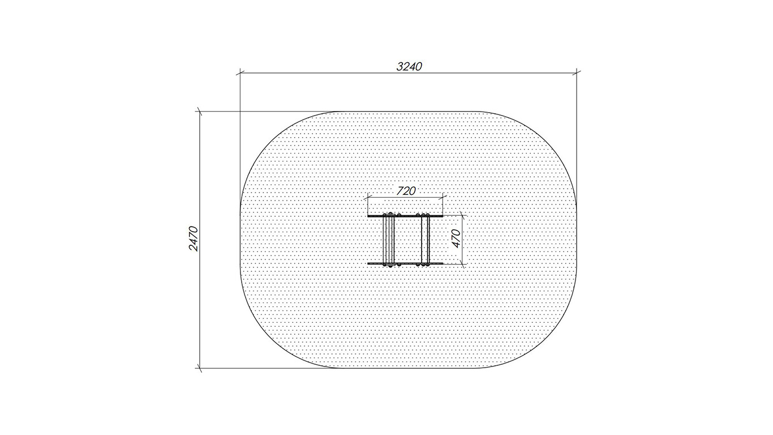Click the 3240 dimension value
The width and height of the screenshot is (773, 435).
tap(409, 66)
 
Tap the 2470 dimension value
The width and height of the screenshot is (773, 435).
tap(194, 238)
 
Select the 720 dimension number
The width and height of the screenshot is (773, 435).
tap(406, 191)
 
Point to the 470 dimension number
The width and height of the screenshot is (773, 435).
tap(456, 238)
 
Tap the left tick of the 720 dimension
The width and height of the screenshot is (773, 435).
tap(368, 198)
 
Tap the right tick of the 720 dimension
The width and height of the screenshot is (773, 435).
tap(443, 198)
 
